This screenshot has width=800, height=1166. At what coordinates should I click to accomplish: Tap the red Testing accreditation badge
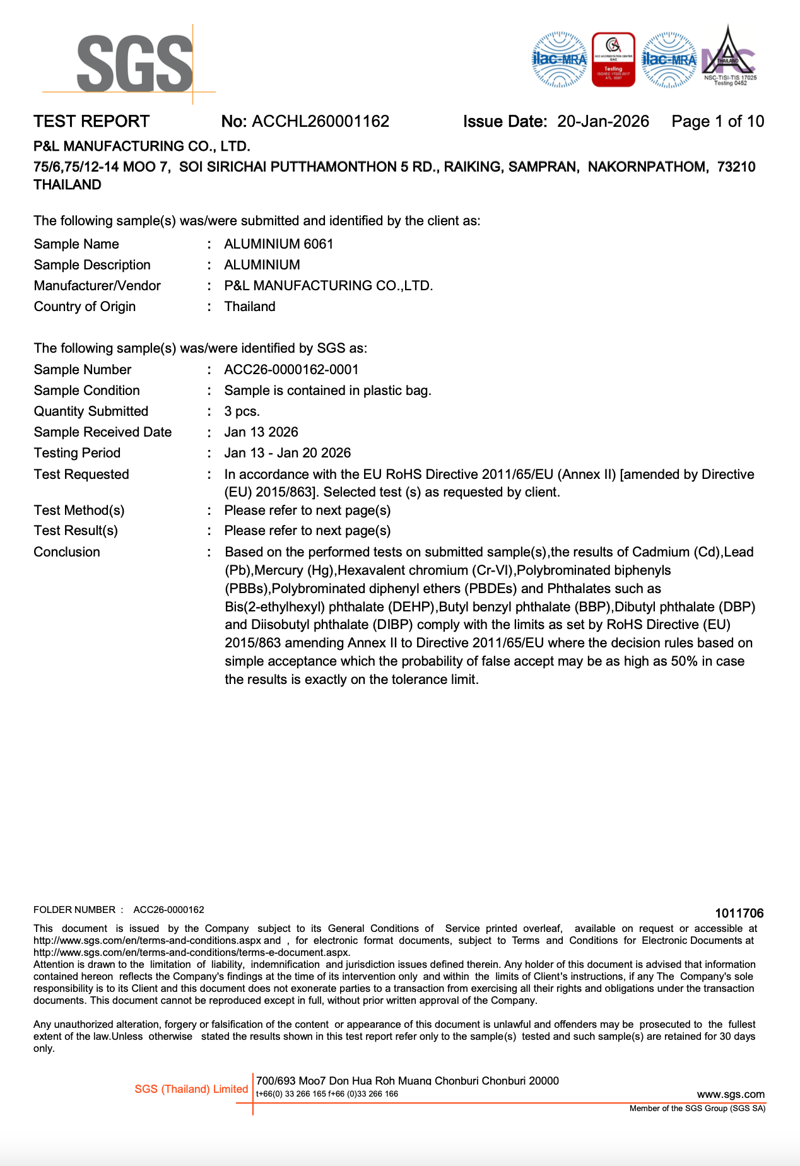coord(613,60)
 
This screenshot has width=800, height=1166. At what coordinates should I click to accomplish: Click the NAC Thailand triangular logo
coord(729,57)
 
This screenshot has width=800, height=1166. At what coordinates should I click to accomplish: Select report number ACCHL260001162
coord(321,122)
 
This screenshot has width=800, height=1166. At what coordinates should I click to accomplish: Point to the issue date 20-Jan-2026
coord(603,122)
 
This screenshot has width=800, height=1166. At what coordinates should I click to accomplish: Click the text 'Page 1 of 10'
coord(717,122)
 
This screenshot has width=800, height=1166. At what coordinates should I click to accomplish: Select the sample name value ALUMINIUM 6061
coord(278,244)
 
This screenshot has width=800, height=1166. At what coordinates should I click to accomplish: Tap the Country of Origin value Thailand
coord(250,307)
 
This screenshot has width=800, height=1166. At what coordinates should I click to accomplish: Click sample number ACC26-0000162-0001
coord(291,370)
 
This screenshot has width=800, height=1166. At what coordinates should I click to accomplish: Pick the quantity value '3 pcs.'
coord(242,411)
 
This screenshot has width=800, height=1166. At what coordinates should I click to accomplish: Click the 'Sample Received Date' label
coord(103,432)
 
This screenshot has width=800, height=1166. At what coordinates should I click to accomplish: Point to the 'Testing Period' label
coord(77,453)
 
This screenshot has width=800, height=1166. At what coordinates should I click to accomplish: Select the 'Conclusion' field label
coord(67,552)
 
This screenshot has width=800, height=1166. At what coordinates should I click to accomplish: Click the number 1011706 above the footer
coord(739,913)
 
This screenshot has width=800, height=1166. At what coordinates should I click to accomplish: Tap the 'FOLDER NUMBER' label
coord(74,910)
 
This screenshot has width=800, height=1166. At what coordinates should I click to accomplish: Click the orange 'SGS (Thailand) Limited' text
coord(191,1089)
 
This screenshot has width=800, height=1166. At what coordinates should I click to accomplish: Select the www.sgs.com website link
coord(731,1094)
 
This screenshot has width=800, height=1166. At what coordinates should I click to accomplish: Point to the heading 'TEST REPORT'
coord(91,122)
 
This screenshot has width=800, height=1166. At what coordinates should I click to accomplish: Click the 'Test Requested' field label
coord(81,474)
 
